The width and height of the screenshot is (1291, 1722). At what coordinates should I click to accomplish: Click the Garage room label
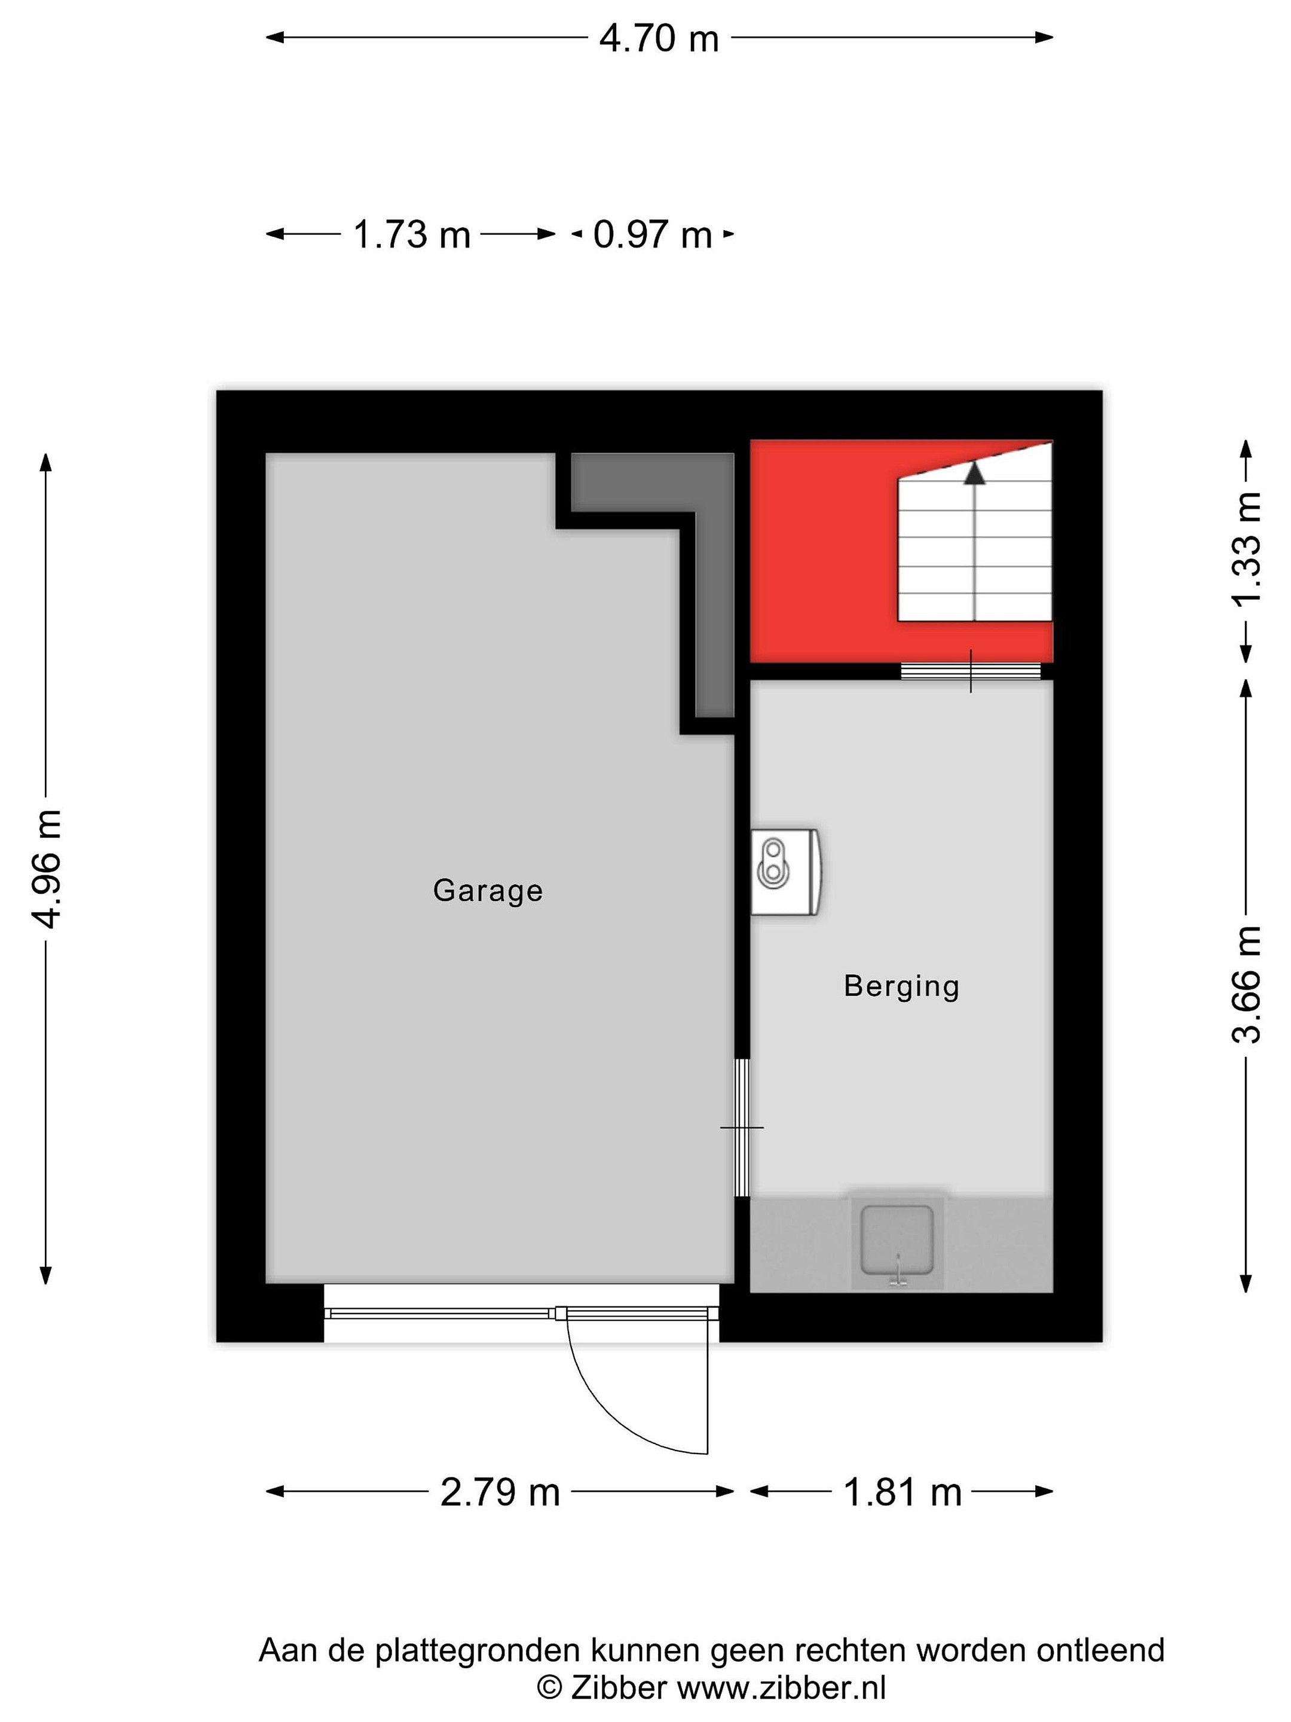(x=487, y=890)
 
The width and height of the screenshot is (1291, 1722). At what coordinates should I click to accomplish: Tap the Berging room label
(x=901, y=987)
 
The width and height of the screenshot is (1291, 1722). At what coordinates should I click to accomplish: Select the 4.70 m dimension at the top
(x=658, y=38)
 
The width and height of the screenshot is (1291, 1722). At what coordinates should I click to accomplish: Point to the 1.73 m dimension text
(x=412, y=234)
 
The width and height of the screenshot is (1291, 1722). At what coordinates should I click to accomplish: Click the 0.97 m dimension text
(x=652, y=234)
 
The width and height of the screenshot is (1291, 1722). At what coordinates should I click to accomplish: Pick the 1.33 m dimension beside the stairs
(x=1246, y=549)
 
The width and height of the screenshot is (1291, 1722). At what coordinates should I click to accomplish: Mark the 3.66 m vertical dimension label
(x=1246, y=985)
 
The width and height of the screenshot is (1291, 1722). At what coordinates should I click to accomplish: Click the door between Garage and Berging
(x=742, y=1126)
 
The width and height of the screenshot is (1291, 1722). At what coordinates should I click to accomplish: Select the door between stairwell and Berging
(x=971, y=670)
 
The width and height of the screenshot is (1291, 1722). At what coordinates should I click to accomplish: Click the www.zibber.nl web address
(x=781, y=1688)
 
